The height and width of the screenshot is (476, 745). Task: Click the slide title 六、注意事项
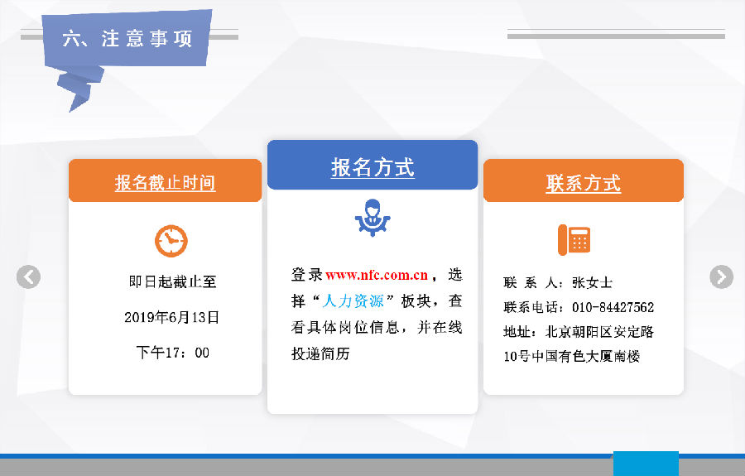click(x=127, y=38)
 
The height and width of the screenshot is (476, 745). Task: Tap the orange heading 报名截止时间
click(x=165, y=183)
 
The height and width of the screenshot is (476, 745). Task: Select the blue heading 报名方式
click(x=372, y=168)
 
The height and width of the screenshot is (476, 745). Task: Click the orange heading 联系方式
click(x=583, y=184)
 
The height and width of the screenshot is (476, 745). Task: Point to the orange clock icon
click(x=171, y=241)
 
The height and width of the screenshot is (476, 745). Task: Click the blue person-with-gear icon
click(x=372, y=218)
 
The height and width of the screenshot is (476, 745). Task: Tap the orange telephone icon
click(x=574, y=239)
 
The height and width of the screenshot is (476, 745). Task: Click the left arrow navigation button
click(x=28, y=277)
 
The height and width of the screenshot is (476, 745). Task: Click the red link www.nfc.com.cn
click(x=377, y=275)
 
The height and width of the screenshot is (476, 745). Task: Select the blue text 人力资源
click(x=353, y=301)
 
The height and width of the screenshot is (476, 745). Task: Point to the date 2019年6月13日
click(x=171, y=317)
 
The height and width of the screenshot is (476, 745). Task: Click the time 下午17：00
click(x=172, y=353)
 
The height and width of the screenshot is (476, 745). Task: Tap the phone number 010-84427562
click(x=613, y=307)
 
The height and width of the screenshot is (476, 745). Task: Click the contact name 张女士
click(x=592, y=282)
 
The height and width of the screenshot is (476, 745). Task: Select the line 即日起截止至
click(x=172, y=281)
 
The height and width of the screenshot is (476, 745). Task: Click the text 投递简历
click(x=320, y=354)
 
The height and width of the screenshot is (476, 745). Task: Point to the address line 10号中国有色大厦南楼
click(x=571, y=356)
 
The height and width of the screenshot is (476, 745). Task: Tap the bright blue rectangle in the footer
click(x=646, y=464)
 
